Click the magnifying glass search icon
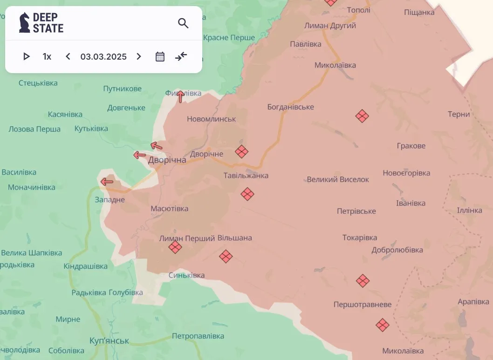click(183, 23)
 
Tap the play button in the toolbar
click(27, 56)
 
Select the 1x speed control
click(47, 56)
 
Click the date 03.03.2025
click(103, 56)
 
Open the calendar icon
click(160, 56)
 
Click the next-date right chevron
click(138, 56)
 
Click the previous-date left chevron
click(68, 56)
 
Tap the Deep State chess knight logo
click(24, 22)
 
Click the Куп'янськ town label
click(109, 340)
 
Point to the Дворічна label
click(167, 160)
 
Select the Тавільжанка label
click(246, 176)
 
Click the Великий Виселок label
click(338, 179)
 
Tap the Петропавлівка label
click(198, 336)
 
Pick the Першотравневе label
click(363, 305)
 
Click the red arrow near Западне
click(107, 182)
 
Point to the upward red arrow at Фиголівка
click(180, 96)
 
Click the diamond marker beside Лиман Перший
click(175, 247)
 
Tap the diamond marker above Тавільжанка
click(241, 151)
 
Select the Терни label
click(459, 114)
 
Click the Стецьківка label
click(38, 83)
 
